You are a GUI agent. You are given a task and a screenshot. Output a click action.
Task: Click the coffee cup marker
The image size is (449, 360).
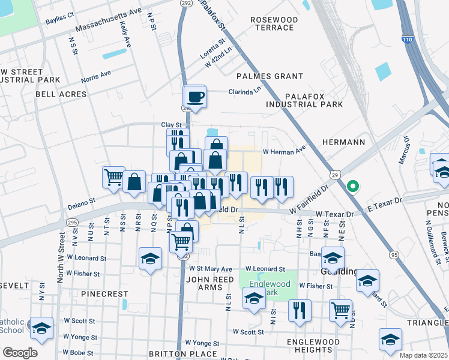[x=194, y=96]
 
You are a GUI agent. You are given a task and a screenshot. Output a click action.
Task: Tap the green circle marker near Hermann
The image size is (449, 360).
[x=354, y=185]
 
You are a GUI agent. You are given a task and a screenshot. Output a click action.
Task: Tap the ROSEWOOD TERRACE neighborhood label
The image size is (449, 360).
[x=274, y=24]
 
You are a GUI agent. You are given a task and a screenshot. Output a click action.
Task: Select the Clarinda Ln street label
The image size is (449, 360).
[x=245, y=92]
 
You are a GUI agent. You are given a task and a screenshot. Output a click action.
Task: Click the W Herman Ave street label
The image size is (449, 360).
[x=284, y=152]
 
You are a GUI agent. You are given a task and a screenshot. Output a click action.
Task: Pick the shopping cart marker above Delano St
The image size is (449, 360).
[x=113, y=177]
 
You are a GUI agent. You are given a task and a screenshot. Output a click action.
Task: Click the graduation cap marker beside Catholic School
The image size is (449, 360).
[x=41, y=328]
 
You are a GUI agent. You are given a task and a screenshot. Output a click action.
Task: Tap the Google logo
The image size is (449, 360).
[x=20, y=352]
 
